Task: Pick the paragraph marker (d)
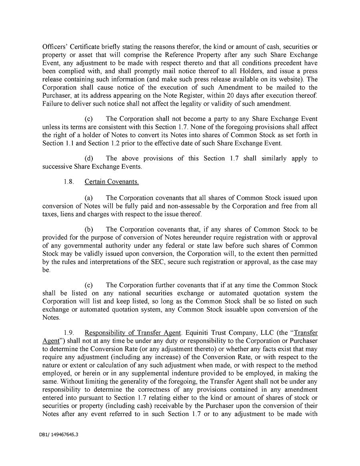coord(89,158)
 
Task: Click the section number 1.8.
coord(69,182)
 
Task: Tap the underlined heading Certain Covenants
coord(112,182)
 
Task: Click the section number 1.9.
coord(69,333)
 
